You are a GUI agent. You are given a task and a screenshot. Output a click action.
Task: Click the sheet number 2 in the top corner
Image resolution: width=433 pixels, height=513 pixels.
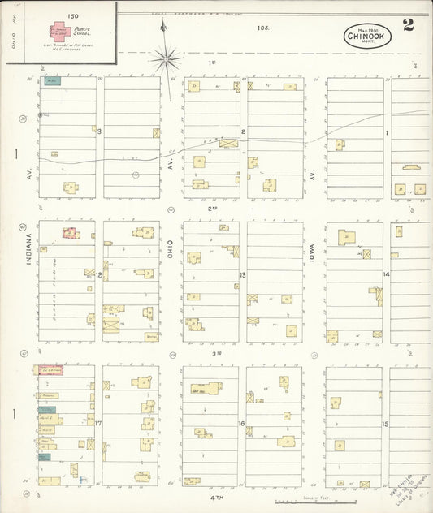point(408,25)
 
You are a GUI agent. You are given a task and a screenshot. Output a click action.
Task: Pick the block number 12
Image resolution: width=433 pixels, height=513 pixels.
point(97,274)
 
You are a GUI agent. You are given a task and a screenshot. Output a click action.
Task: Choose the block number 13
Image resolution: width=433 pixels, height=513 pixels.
point(242,274)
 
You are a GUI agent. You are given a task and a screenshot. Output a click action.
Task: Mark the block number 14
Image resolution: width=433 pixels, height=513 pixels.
point(387,274)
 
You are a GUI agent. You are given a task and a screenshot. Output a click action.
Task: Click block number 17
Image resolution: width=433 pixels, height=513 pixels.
point(97,423)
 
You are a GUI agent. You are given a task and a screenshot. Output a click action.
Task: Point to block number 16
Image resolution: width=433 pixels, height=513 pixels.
point(242,423)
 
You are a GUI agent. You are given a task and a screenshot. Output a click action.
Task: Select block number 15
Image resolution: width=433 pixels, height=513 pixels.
point(387,424)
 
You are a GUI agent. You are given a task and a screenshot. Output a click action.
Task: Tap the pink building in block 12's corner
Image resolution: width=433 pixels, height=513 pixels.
point(71,234)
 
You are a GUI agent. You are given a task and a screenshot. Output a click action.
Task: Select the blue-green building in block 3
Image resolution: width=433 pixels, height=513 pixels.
point(53,81)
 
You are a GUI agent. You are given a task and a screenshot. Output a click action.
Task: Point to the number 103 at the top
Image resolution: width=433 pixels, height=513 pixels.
point(262,27)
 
